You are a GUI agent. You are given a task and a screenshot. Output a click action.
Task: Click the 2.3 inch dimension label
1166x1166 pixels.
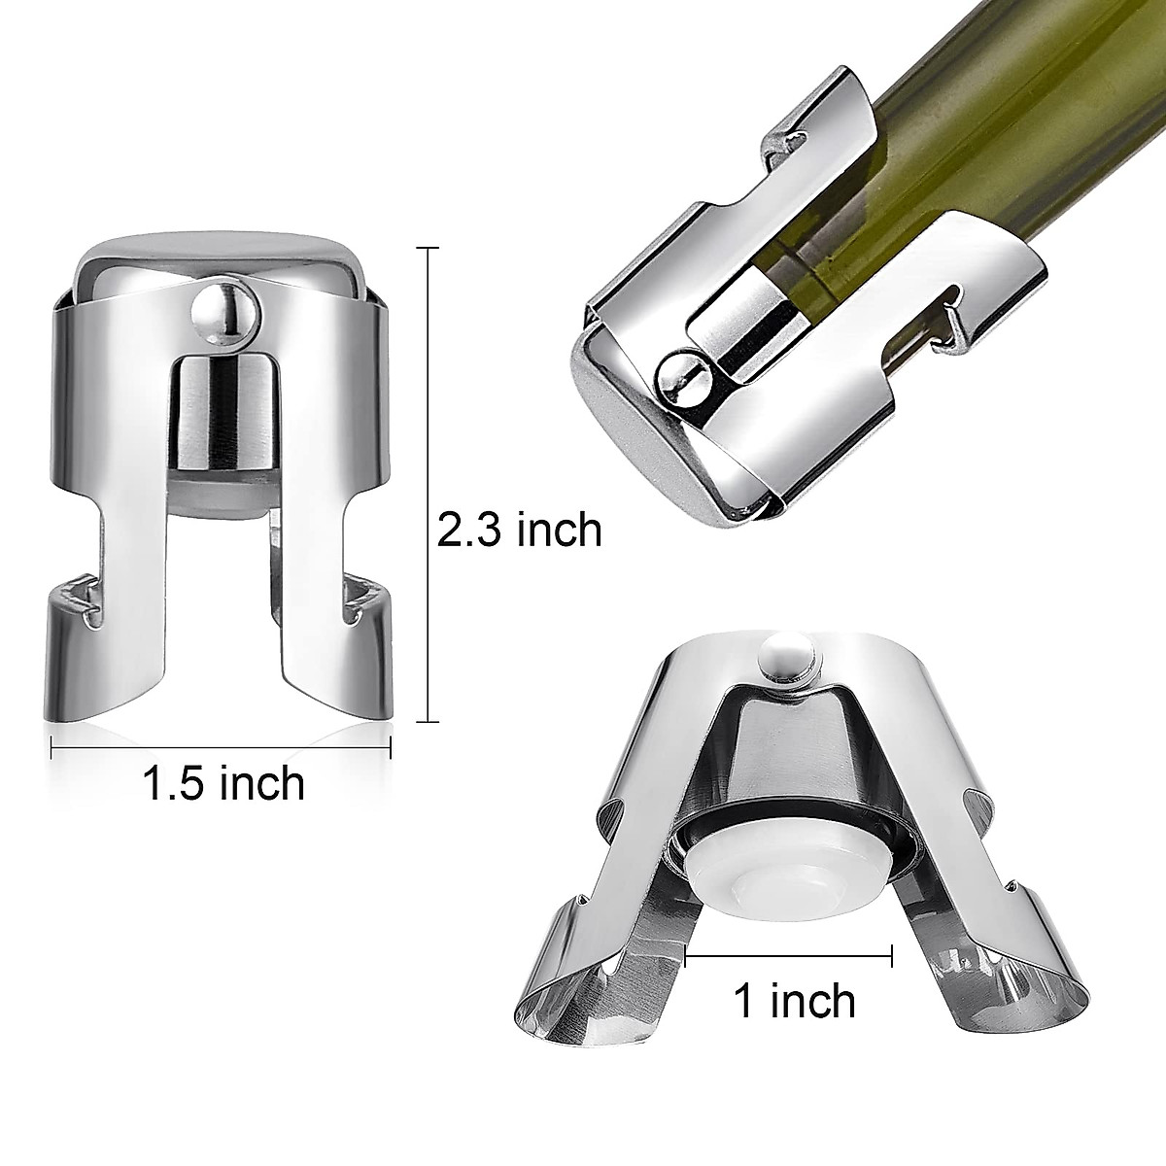coord(519,531)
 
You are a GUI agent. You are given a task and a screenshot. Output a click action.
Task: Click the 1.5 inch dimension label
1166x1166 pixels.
coord(223,782)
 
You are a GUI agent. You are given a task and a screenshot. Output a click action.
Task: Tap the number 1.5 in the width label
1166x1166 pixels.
coord(179,782)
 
